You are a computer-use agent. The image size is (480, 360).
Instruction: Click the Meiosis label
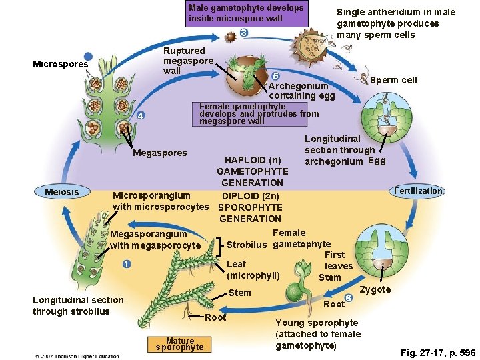[x=61, y=192]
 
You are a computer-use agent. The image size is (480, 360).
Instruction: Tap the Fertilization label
[x=418, y=191]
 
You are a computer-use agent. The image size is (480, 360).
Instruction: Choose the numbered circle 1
[x=126, y=263]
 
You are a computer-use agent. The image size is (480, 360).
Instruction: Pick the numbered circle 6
[x=349, y=297]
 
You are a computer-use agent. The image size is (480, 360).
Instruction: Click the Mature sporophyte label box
[x=180, y=343]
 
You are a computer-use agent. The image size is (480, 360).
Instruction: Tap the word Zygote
[x=375, y=289]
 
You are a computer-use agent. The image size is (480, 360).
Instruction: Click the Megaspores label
[x=160, y=153]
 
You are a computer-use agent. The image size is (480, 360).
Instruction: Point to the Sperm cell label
[x=393, y=80]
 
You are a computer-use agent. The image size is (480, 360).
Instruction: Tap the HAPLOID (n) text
[x=253, y=160]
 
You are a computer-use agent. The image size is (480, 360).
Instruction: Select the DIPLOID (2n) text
[x=251, y=196]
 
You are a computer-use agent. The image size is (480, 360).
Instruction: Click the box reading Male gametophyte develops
[x=246, y=13]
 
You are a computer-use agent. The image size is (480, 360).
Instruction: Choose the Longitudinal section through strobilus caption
[x=78, y=305]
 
